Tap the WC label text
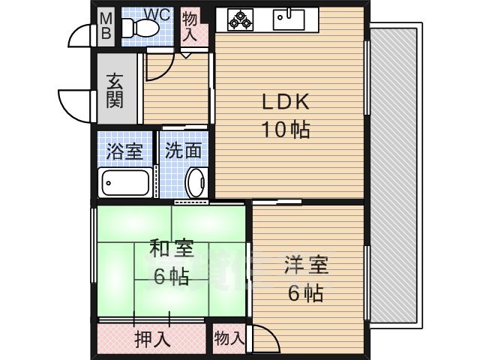pyautogui.click(x=157, y=13)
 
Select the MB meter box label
pyautogui.click(x=106, y=25)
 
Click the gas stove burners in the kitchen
pyautogui.click(x=241, y=19)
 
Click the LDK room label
pyautogui.click(x=285, y=103)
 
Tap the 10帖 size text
pyautogui.click(x=285, y=128)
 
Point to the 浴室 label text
pyautogui.click(x=124, y=150)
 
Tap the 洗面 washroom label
pyautogui.click(x=184, y=150)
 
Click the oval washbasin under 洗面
pyautogui.click(x=196, y=182)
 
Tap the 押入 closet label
pyautogui.click(x=151, y=339)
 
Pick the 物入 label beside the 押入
pyautogui.click(x=228, y=338)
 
